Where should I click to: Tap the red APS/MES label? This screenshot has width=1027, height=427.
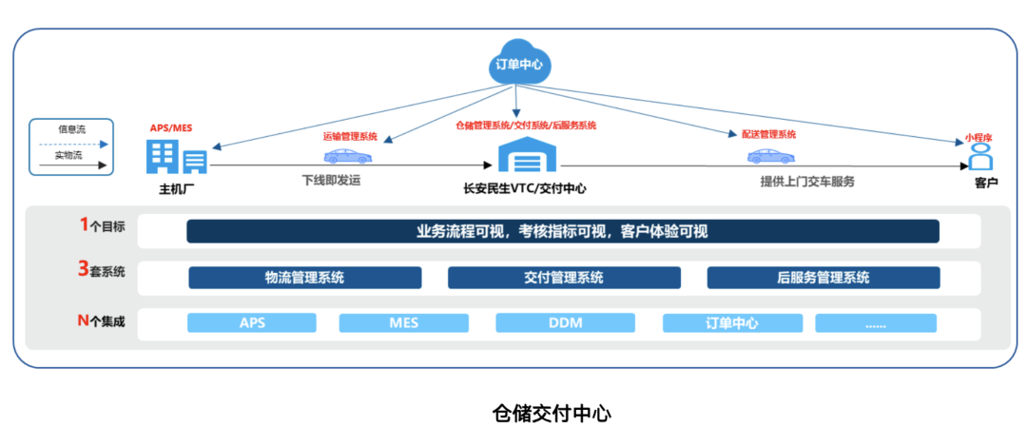pos(171,127)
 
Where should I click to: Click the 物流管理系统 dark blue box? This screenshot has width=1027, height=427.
pos(304,278)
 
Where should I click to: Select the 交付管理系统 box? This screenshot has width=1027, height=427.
pos(564,278)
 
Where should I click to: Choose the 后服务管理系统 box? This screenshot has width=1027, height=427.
pos(824,278)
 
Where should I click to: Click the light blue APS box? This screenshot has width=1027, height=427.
pos(252,322)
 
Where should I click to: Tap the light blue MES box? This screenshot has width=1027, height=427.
pos(403,322)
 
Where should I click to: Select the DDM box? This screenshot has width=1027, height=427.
pos(565,322)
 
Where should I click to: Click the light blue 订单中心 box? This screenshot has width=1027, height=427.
pos(731,322)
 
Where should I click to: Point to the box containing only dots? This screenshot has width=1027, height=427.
pos(876,322)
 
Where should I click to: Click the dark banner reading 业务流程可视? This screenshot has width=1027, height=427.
pos(562,231)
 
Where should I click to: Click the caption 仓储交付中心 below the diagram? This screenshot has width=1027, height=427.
pos(552,413)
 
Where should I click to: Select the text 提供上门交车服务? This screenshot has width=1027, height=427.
pos(806,181)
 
